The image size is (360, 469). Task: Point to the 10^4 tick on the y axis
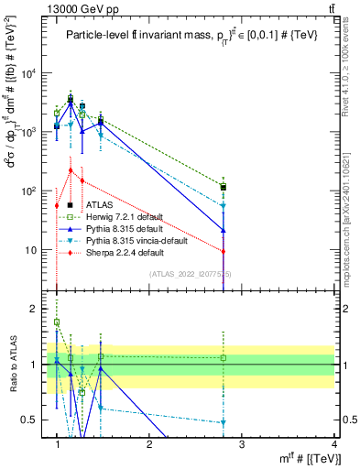(29, 74)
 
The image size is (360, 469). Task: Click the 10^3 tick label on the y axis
(29, 133)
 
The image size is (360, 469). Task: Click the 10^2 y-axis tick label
(29, 191)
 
